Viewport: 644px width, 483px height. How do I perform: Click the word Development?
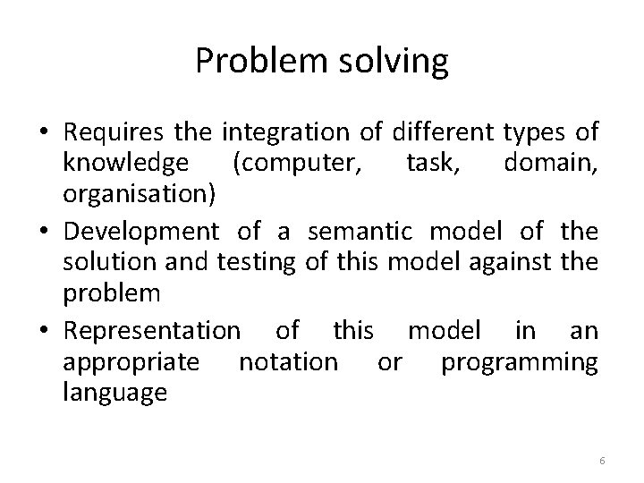141,233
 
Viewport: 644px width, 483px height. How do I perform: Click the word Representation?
152,330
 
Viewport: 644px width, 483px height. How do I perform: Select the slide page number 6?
602,460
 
